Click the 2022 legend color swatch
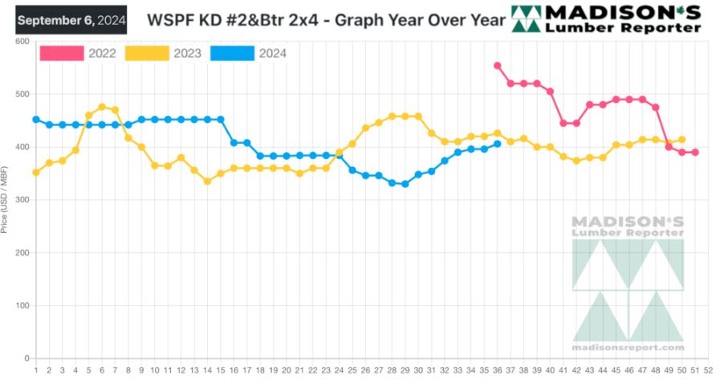coord(62,53)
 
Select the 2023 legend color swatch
coord(148,53)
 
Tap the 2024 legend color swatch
coord(232,53)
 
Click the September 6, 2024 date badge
coord(71,20)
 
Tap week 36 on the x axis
coord(498,370)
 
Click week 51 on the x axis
coord(695,370)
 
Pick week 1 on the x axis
coord(36,370)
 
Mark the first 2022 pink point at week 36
coord(498,66)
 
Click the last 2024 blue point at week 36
coord(498,144)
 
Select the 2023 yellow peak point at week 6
coord(102,107)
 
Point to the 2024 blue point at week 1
coord(36,120)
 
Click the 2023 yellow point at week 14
coord(207,182)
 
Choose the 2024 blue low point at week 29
coord(405,184)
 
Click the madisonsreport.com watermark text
coord(628,347)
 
